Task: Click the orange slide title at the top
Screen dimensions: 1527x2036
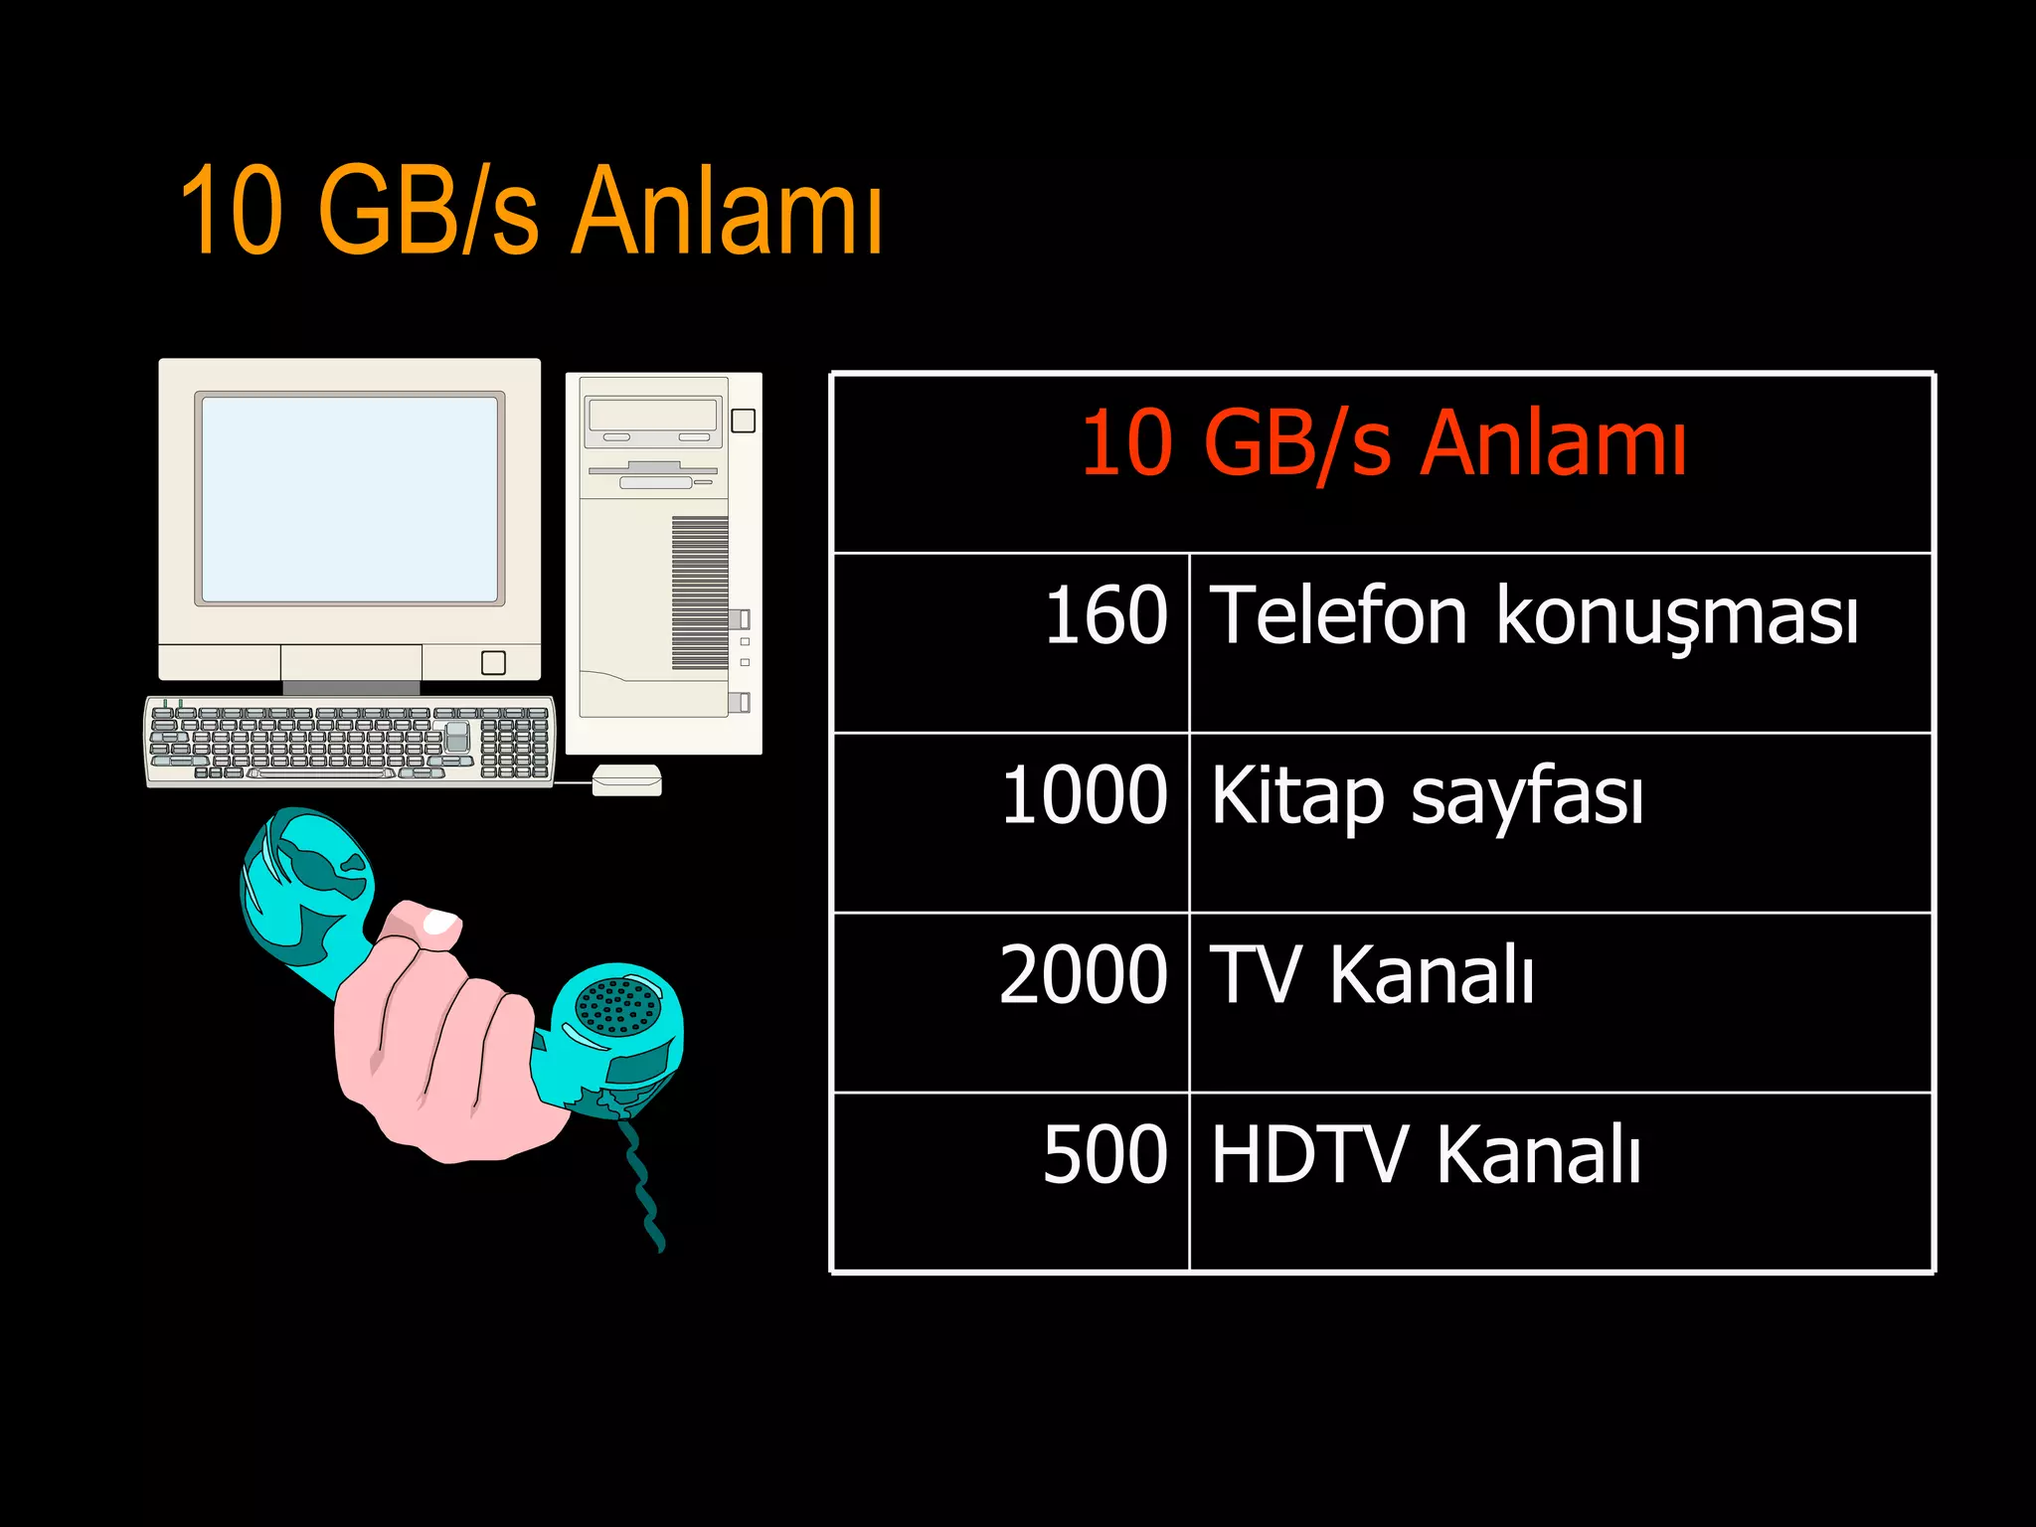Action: tap(531, 211)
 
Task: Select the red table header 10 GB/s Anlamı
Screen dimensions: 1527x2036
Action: tap(1383, 443)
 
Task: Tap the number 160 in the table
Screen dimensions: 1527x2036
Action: tap(1104, 615)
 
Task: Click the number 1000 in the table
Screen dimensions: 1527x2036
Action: tap(1084, 795)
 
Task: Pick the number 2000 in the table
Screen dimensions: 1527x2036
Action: tap(1083, 975)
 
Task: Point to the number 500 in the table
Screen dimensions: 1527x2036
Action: tap(1104, 1155)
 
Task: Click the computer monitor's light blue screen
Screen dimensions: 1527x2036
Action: tap(350, 499)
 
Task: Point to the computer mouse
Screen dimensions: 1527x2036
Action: tap(626, 780)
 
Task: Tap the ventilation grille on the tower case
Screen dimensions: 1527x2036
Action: tap(700, 593)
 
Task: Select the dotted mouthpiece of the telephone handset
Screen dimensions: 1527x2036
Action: tap(618, 1006)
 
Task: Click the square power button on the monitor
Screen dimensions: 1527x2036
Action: tap(493, 663)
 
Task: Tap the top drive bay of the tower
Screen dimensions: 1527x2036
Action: tap(653, 415)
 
